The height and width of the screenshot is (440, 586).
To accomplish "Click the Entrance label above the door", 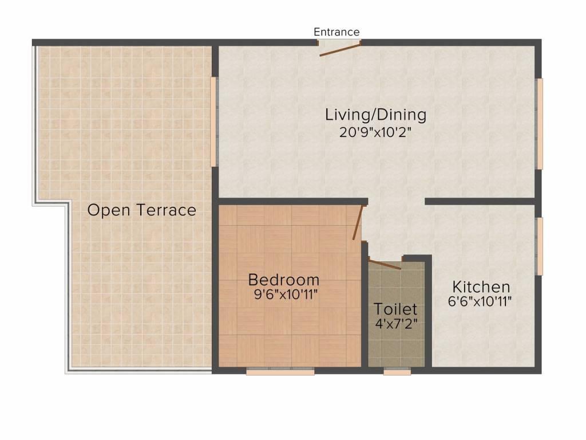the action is [x=336, y=32].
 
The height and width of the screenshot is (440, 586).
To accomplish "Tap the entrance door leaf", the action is [x=340, y=50].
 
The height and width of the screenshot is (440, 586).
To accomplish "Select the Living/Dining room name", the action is [x=375, y=115].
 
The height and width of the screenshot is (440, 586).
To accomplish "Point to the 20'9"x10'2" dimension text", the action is [x=375, y=132].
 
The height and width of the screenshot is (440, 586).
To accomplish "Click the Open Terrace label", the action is [x=142, y=210].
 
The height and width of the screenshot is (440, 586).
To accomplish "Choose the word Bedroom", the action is [x=284, y=280].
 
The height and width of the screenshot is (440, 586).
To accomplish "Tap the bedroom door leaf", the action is [x=358, y=223].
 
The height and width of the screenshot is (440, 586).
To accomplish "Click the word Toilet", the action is [x=395, y=309].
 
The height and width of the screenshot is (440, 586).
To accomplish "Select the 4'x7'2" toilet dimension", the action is [x=396, y=324].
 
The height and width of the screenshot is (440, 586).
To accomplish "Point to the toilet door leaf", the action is [x=385, y=264].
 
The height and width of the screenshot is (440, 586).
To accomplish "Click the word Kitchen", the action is [x=481, y=287].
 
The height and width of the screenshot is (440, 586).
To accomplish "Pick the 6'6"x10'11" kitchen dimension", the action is [x=480, y=301].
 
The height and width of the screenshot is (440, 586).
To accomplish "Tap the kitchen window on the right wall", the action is [x=539, y=246].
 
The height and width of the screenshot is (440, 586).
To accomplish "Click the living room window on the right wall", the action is [x=539, y=124].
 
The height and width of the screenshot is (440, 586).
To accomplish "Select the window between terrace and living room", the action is [x=214, y=121].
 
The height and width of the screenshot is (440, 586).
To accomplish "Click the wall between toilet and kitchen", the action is [x=428, y=312].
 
